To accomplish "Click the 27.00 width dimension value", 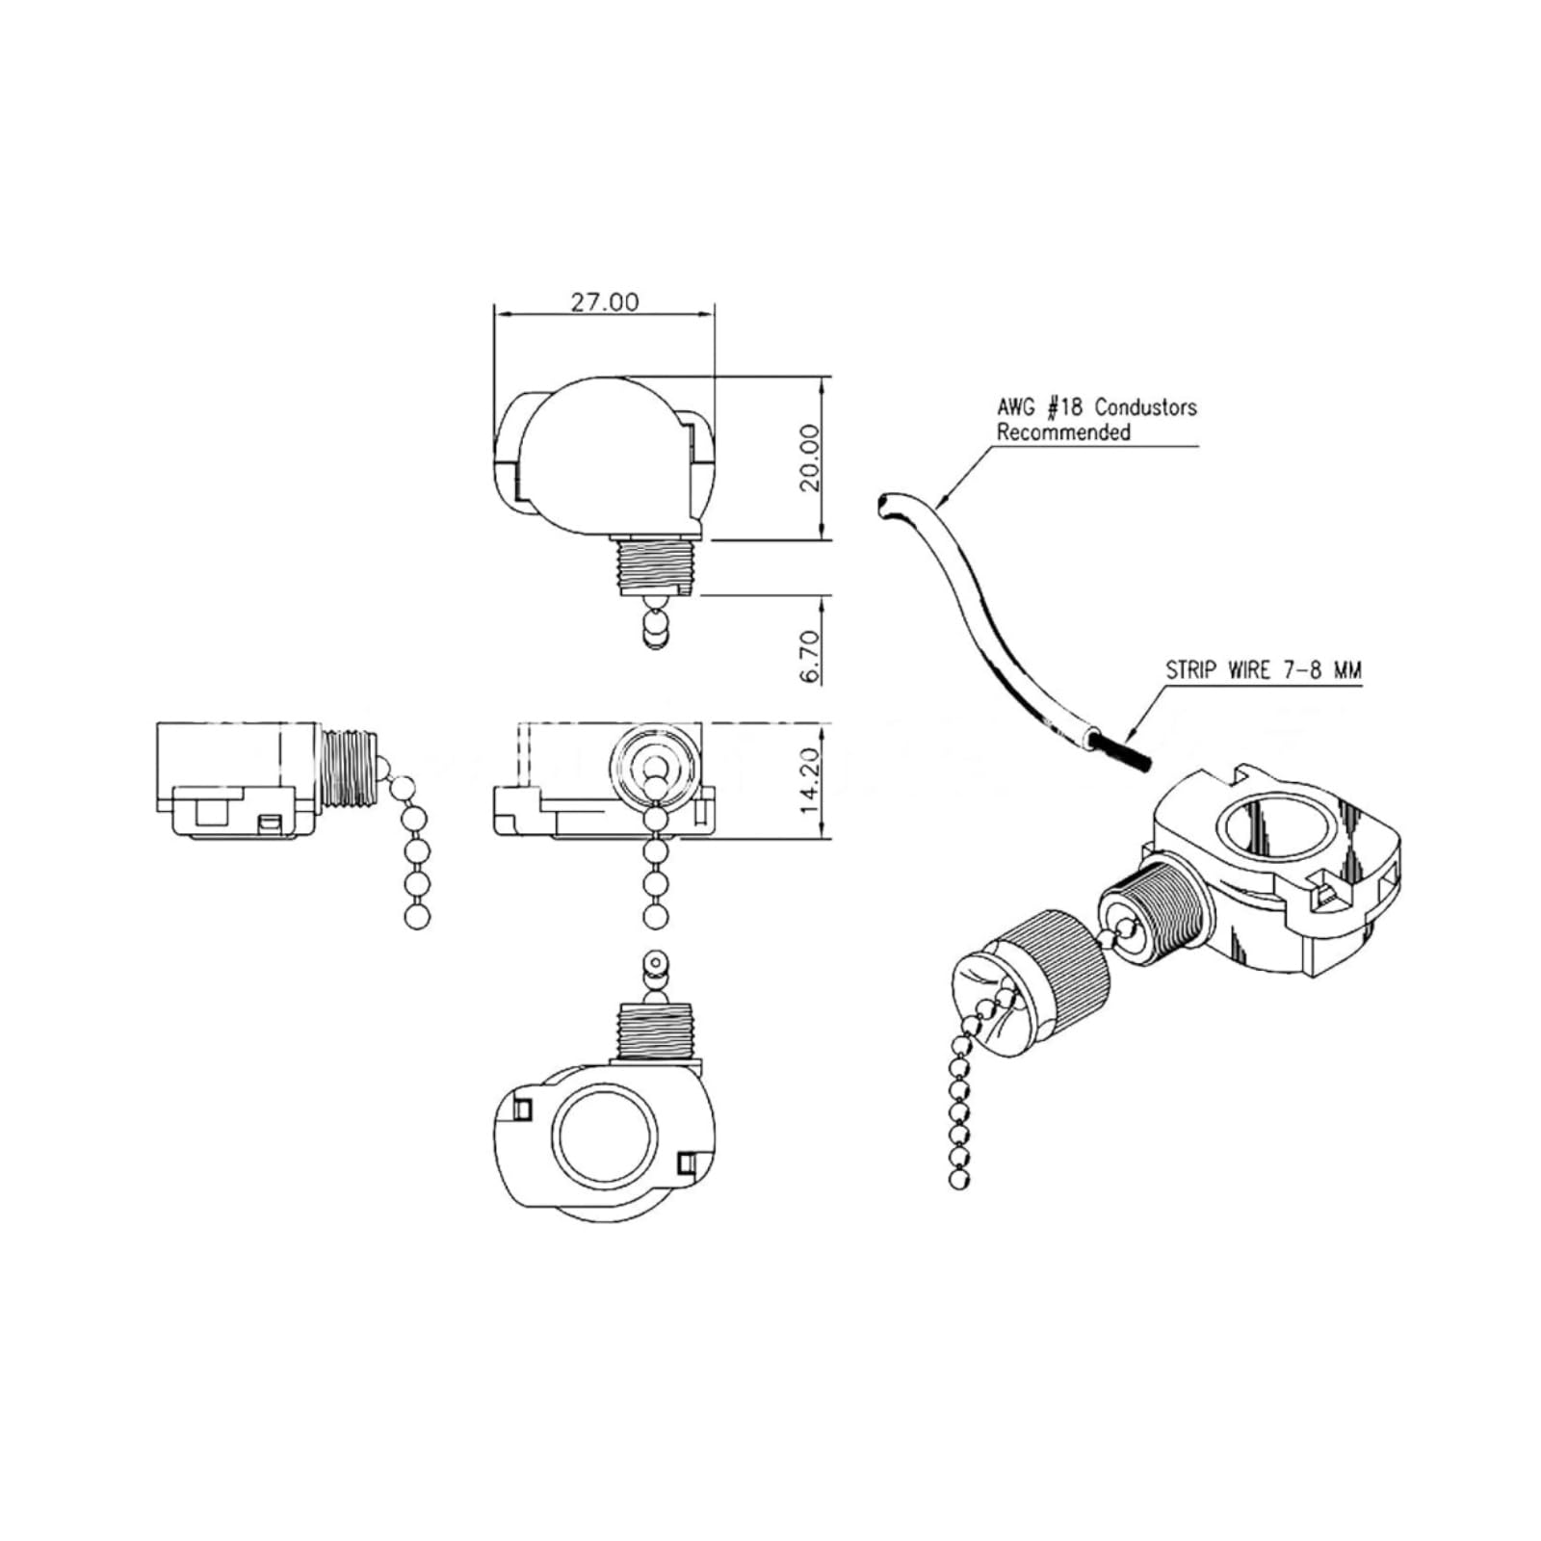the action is [x=604, y=301].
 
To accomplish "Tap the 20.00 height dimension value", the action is [x=809, y=457].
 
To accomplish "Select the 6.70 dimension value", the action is [x=809, y=657].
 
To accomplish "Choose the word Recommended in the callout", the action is [x=1063, y=432].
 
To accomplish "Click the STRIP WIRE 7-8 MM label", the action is [x=1264, y=670].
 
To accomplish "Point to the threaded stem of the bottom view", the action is [x=658, y=1031].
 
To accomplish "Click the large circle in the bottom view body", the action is [x=605, y=1134].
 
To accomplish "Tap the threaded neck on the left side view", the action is [x=347, y=768].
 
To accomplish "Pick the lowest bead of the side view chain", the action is [x=417, y=918].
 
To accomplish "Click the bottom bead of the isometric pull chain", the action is [x=957, y=1180].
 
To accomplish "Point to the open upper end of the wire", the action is [x=884, y=505].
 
